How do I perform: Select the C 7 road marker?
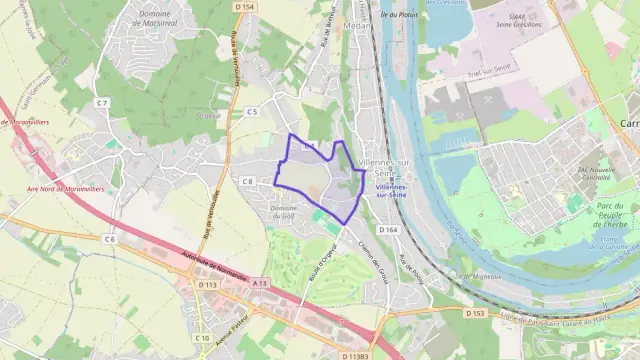[x=102, y=102]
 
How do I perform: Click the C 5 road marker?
[x=252, y=111]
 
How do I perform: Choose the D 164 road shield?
[x=389, y=230]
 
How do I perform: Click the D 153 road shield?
[x=475, y=314]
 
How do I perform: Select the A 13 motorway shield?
[x=260, y=284]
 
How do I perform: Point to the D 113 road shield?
[x=208, y=285]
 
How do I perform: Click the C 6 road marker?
[x=109, y=240]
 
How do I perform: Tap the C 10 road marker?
[x=202, y=338]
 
